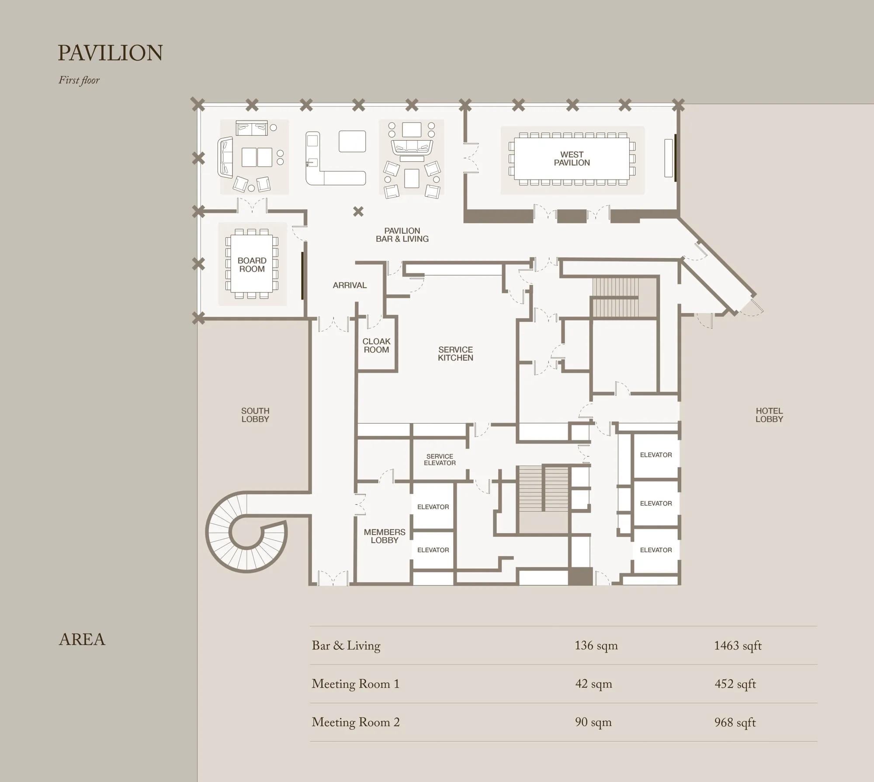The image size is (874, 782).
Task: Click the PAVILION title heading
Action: [x=110, y=52]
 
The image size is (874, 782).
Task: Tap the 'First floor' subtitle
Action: [x=79, y=80]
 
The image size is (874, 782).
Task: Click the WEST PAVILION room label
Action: [x=572, y=159]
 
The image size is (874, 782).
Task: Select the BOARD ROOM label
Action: [x=252, y=265]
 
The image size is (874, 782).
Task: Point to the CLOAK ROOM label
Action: [x=376, y=345]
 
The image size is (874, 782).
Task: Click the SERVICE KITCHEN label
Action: [x=455, y=354]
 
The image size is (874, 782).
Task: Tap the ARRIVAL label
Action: [x=350, y=285]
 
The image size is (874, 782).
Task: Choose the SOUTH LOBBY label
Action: [x=255, y=415]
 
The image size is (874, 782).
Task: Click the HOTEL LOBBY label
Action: [x=769, y=415]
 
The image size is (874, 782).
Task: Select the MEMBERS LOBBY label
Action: [x=385, y=536]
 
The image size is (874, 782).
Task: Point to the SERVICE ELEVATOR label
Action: [x=440, y=459]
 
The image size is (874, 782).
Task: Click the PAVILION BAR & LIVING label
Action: [x=402, y=235]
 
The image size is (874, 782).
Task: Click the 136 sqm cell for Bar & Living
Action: [x=596, y=646]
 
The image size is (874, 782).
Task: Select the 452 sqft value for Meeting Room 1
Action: [x=735, y=684]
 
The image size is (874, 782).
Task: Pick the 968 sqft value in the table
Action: [x=735, y=723]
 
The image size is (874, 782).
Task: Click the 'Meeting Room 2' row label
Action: [x=356, y=723]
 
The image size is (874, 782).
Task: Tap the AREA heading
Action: [x=82, y=640]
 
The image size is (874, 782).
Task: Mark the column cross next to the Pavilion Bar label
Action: [x=358, y=212]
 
